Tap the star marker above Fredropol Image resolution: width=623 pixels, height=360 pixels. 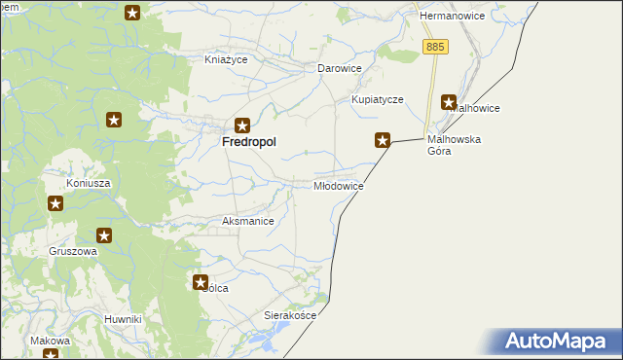click(242, 125)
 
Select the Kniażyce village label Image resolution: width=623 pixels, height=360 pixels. click(226, 59)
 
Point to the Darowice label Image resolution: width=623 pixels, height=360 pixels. click(340, 69)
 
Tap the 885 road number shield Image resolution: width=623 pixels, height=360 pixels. click(434, 47)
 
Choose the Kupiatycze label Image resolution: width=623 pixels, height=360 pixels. click(377, 100)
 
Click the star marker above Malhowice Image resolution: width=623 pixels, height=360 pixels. click(449, 101)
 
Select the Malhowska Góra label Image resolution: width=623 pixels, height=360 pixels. click(455, 145)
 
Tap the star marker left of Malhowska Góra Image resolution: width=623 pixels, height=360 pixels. click(384, 140)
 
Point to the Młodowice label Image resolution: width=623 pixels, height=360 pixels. click(339, 186)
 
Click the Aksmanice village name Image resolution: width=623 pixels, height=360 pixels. click(248, 222)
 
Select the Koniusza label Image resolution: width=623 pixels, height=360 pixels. click(88, 183)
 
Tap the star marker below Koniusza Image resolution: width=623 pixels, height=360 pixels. click(55, 203)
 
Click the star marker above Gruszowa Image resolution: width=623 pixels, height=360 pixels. click(104, 235)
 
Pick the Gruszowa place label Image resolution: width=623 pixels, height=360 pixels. click(74, 251)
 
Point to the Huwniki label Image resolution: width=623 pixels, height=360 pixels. click(124, 319)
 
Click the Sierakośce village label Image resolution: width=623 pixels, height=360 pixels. click(291, 316)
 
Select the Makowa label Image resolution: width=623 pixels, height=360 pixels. click(50, 341)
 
